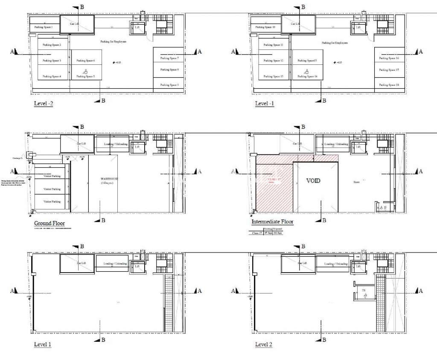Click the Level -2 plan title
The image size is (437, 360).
click(44, 104)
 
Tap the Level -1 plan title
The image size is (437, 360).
click(265, 104)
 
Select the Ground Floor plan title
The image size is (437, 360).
click(50, 223)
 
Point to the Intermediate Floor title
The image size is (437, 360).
click(272, 222)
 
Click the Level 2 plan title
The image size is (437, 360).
click(264, 344)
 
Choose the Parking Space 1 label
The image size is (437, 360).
click(43, 27)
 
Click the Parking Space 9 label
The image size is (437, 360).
click(169, 85)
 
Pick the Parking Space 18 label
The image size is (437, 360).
click(390, 85)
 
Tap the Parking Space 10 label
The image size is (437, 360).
click(265, 27)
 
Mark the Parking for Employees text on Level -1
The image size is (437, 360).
click(335, 43)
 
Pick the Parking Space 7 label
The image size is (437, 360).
click(169, 58)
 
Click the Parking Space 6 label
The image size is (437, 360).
click(86, 61)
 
